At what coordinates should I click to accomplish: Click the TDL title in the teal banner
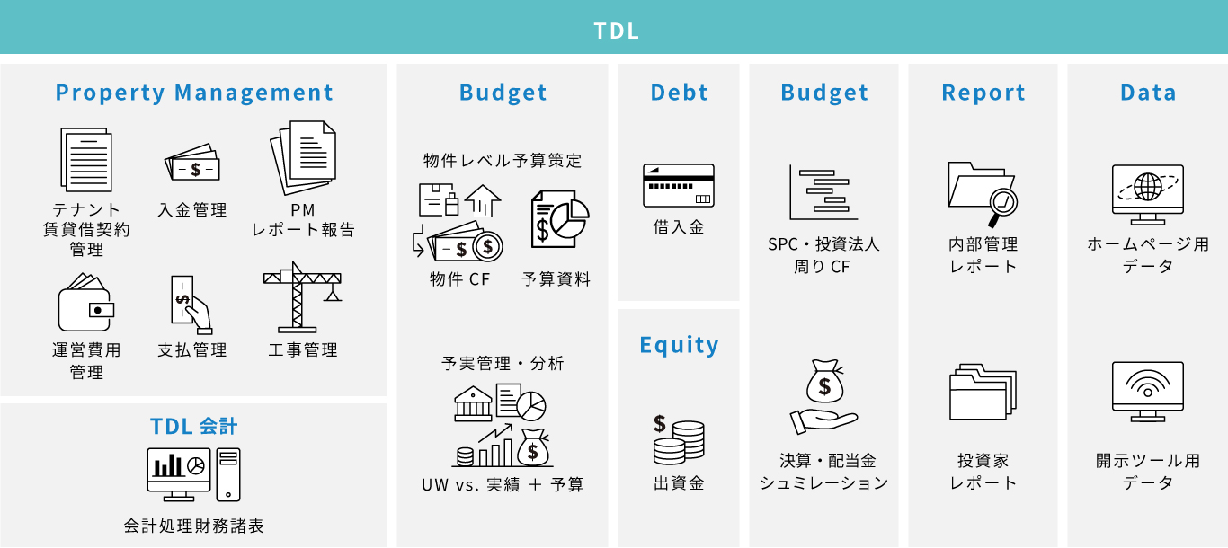(616, 31)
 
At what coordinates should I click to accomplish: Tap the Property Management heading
(194, 93)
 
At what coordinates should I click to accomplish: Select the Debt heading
(679, 92)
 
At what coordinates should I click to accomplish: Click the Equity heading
(679, 345)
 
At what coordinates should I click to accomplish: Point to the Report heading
(983, 93)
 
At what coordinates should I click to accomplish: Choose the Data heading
(1148, 92)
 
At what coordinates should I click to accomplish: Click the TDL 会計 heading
(193, 426)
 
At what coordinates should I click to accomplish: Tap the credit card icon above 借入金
(679, 185)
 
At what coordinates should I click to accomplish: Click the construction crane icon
(302, 297)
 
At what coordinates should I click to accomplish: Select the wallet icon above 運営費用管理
(86, 303)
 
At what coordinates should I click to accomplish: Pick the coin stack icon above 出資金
(679, 439)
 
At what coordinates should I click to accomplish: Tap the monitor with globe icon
(1147, 195)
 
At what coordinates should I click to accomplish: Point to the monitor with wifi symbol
(1147, 392)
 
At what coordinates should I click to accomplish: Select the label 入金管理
(191, 210)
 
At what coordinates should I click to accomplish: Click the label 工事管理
(303, 349)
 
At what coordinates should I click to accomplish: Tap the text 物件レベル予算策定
(503, 161)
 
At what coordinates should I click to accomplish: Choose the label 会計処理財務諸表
(193, 526)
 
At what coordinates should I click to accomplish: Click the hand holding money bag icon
(823, 397)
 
